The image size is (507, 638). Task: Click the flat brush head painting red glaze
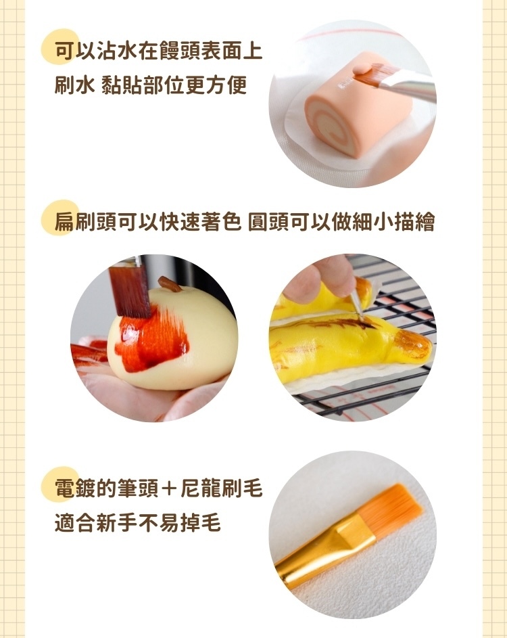coord(129,290)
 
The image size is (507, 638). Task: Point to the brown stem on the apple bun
coord(168,283)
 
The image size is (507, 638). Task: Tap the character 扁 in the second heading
coord(66,223)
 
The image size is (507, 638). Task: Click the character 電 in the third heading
coord(66,488)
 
